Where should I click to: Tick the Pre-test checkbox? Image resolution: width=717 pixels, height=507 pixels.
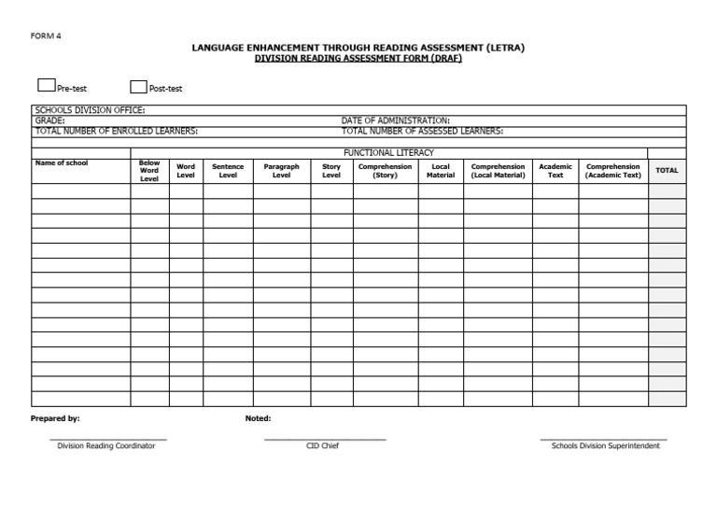pos(46,86)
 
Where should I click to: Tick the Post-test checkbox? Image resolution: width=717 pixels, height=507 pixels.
pos(138,87)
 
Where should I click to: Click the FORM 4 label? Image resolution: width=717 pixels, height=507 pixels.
pos(46,36)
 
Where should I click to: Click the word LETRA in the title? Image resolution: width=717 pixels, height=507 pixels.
pos(505,47)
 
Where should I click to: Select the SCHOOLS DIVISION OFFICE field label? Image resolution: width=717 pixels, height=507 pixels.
pos(90,110)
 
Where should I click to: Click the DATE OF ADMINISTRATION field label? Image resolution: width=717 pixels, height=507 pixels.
pos(396,120)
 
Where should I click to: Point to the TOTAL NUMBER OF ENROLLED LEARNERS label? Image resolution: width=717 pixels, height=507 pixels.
pos(116,131)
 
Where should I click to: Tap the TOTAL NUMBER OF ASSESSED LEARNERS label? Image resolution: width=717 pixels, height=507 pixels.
pos(422,131)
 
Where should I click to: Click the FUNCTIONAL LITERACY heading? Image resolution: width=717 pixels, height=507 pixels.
pos(388,152)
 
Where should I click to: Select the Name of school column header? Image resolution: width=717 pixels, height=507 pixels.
pos(62,163)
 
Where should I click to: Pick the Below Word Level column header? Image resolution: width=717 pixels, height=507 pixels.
pos(149,171)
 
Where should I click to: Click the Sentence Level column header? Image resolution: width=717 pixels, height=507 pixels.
pos(228,171)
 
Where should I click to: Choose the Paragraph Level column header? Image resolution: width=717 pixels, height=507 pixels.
pos(281,171)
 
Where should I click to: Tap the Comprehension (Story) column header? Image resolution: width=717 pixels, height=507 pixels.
pos(385,171)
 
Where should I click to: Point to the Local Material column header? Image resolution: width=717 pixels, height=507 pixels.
pos(441,171)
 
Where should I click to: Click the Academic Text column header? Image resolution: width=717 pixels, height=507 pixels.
pos(555,171)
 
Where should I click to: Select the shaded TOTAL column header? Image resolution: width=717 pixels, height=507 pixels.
pos(667,171)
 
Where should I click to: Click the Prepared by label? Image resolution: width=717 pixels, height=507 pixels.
pos(55,418)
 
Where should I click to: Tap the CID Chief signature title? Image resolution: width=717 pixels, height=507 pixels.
pos(324,445)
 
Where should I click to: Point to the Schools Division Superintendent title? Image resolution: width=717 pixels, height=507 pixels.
pos(605,445)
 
